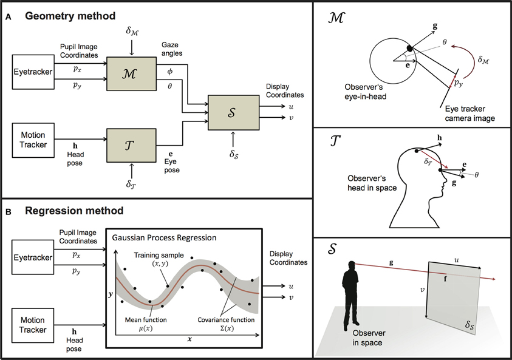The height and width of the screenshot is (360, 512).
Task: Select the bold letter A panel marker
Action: coord(8,18)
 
